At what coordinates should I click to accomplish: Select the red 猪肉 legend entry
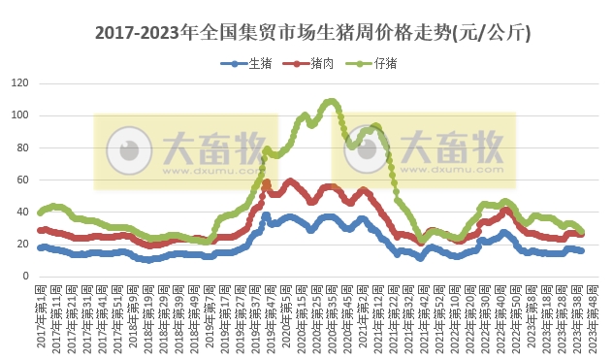[x=308, y=64]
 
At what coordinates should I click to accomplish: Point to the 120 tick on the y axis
[x=19, y=83]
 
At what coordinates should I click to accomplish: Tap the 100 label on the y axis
[x=19, y=115]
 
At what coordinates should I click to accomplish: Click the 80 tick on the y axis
[x=22, y=147]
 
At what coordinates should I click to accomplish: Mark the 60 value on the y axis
[x=22, y=180]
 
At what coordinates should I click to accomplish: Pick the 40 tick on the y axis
[x=22, y=212]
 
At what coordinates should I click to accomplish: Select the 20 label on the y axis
[x=22, y=244]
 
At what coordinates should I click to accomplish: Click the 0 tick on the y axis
[x=25, y=276]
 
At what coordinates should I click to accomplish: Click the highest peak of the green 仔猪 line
[x=331, y=101]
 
